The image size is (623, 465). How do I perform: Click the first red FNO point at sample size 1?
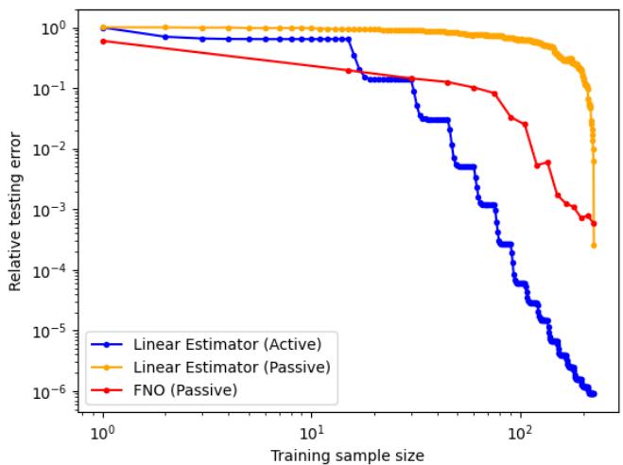(102, 41)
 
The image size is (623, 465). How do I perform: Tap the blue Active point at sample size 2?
(165, 37)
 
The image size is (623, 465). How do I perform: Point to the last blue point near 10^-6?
(594, 393)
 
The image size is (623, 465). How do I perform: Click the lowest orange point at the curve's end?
(594, 246)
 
